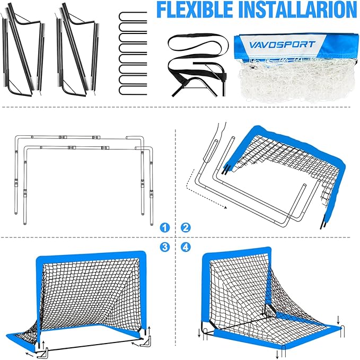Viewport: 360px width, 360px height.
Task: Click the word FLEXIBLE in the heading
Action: point(196,10)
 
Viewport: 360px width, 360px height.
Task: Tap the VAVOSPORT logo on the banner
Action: point(282,45)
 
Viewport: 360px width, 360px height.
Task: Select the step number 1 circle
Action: point(164,227)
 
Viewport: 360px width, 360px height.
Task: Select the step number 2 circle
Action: point(186,227)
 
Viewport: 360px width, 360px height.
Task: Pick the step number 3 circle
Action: point(164,247)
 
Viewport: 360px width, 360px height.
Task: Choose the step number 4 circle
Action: point(186,247)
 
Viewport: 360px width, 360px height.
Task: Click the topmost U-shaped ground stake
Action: point(133,16)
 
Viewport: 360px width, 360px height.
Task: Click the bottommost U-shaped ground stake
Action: point(133,90)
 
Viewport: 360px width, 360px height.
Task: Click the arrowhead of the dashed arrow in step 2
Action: point(226,207)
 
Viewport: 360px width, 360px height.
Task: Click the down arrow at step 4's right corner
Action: point(338,320)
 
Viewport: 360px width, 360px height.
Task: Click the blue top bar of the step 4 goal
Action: point(236,251)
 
